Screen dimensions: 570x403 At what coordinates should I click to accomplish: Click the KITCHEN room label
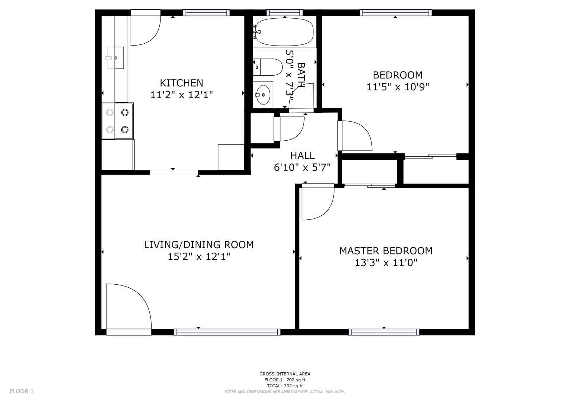(181, 83)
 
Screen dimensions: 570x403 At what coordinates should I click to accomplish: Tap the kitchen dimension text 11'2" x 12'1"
(181, 95)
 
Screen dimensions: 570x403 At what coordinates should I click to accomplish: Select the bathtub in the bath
(284, 32)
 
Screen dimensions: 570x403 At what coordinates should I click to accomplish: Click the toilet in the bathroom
(268, 67)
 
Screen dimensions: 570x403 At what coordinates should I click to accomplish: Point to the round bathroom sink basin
(263, 95)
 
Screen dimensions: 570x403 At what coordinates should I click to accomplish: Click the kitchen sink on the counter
(115, 58)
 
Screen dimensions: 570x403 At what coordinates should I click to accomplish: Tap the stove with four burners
(117, 121)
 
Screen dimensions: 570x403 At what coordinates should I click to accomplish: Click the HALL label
(302, 156)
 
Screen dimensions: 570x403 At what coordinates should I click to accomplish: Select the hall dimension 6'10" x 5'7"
(302, 168)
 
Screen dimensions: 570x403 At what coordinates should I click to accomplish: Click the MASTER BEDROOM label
(386, 251)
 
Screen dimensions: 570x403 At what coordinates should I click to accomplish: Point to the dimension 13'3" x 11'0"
(386, 263)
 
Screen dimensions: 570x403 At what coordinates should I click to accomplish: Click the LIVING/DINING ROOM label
(199, 245)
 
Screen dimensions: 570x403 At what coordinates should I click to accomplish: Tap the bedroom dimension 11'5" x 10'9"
(398, 87)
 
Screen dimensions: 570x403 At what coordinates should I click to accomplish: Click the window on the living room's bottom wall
(227, 332)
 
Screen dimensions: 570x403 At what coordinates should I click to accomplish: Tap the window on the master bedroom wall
(384, 332)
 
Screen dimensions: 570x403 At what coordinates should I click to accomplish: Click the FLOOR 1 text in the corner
(22, 391)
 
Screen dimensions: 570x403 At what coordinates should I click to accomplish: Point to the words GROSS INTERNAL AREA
(285, 374)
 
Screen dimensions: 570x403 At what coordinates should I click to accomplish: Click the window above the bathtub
(284, 12)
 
